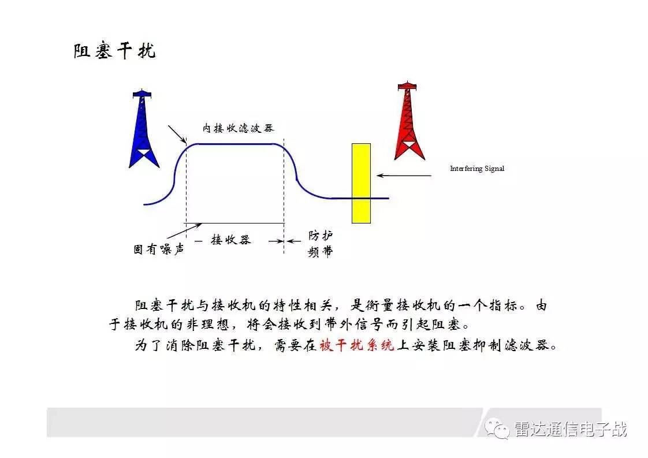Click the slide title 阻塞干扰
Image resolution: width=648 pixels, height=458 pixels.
click(114, 50)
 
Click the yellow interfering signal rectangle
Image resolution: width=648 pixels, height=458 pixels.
click(361, 183)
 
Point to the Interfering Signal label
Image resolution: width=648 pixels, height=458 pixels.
click(477, 169)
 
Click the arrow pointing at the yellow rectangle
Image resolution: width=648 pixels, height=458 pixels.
click(404, 176)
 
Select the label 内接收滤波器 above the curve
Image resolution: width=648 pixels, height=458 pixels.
click(238, 128)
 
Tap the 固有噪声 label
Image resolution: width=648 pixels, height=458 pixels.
click(158, 250)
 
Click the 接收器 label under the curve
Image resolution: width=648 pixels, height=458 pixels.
click(230, 240)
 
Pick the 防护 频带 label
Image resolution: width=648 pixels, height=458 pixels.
click(321, 244)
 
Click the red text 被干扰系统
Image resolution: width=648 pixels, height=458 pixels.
click(357, 345)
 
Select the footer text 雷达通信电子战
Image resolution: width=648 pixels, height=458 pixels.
click(571, 429)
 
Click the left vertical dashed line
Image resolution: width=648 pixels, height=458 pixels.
click(187, 188)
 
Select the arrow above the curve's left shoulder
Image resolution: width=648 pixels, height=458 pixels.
click(177, 134)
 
